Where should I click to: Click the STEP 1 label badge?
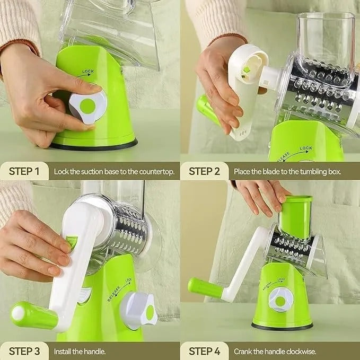click(x=25, y=171)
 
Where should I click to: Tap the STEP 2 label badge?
click(x=205, y=171)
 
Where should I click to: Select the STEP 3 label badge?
click(x=25, y=351)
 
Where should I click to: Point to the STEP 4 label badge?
click(x=205, y=351)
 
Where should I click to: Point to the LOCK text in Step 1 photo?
click(x=88, y=71)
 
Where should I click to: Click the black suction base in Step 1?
click(x=94, y=145)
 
